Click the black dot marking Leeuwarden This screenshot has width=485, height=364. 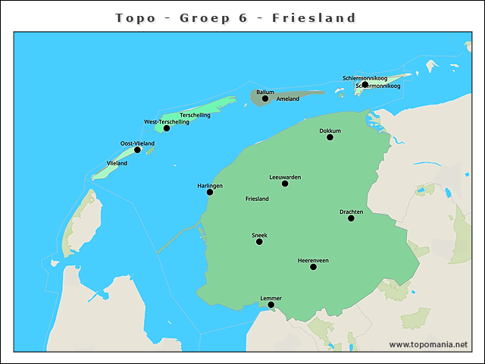coord(285,184)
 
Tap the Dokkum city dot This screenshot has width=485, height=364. coord(330,137)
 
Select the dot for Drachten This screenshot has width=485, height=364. coord(351,218)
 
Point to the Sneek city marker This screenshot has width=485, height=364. coord(259,242)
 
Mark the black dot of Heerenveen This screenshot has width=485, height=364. coord(313,267)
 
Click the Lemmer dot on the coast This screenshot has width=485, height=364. coord(271,305)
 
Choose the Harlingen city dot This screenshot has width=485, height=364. coord(210,192)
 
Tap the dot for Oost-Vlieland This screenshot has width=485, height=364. coord(137,149)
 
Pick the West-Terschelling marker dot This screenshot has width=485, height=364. coord(167,128)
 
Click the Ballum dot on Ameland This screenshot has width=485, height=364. coord(265,99)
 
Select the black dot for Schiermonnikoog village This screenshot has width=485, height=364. coord(365,84)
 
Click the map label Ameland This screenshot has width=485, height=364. coord(288,99)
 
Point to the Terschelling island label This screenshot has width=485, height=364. coord(195,115)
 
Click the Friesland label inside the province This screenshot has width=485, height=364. coord(257,199)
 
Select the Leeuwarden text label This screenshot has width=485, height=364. coord(285,177)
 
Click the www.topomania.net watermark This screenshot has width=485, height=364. coord(428,344)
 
